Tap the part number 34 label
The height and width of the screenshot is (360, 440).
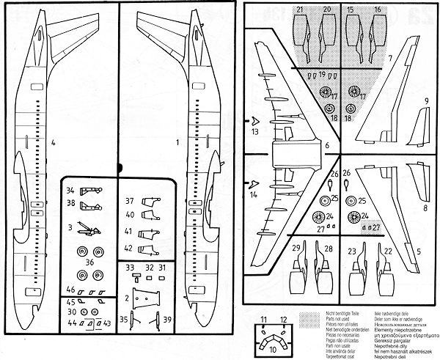tap(70, 190)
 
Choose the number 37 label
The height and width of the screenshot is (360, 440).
tap(129, 200)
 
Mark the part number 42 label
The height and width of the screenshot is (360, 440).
tap(129, 248)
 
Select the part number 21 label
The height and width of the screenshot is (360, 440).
tap(301, 10)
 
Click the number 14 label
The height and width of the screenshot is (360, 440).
tap(254, 196)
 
